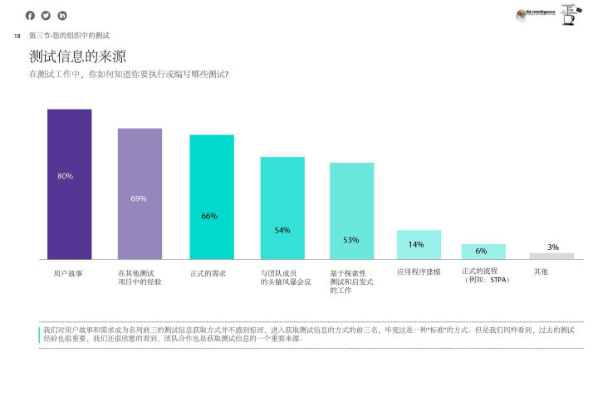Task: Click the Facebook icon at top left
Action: coord(31,15)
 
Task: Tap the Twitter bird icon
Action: coord(47,15)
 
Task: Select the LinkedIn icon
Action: coord(61,15)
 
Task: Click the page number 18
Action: coord(17,36)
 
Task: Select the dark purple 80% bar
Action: coord(69,183)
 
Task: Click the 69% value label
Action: coord(139,198)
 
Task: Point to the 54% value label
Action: coord(282,230)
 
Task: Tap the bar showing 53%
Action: coord(351,210)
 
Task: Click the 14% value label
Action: coord(416,245)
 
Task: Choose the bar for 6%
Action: coord(483,252)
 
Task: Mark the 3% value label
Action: coord(553,247)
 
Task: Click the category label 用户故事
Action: coord(68,272)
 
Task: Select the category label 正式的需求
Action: coord(208,272)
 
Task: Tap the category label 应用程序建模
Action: coord(419,271)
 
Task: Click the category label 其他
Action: coord(542,271)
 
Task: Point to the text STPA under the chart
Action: coord(498,281)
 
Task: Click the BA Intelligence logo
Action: coord(537,13)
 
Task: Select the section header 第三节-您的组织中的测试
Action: coord(69,36)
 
